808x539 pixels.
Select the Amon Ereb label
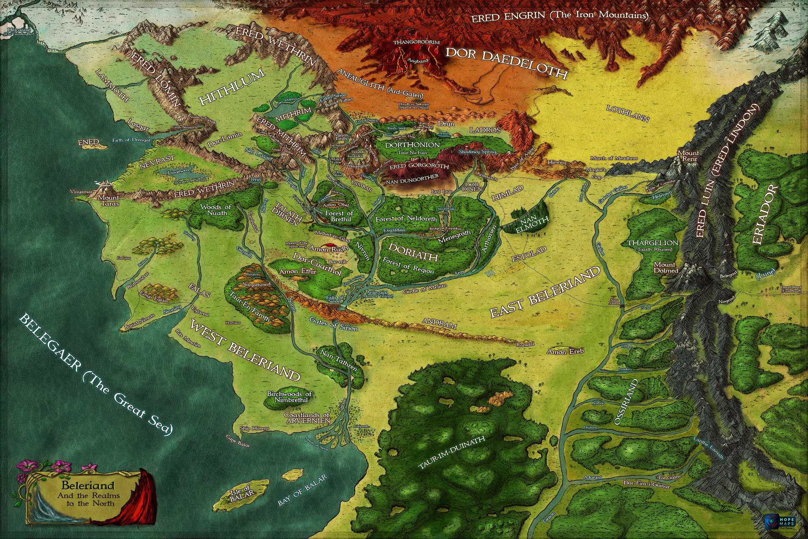click(x=565, y=351)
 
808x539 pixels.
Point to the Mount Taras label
click(x=109, y=200)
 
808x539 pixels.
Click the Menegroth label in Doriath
click(x=454, y=237)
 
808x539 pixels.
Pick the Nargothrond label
click(x=256, y=285)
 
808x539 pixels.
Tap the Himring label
click(x=557, y=162)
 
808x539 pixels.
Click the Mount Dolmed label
click(x=666, y=267)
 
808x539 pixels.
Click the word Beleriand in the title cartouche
click(x=88, y=486)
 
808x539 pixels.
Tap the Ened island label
click(x=88, y=142)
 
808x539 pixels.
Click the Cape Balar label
click(x=238, y=441)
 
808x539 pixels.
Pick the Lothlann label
click(x=627, y=114)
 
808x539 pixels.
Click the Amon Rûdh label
click(x=328, y=249)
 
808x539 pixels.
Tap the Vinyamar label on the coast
click(x=81, y=192)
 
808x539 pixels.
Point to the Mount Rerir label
click(x=688, y=156)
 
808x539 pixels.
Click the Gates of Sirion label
click(x=333, y=324)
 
